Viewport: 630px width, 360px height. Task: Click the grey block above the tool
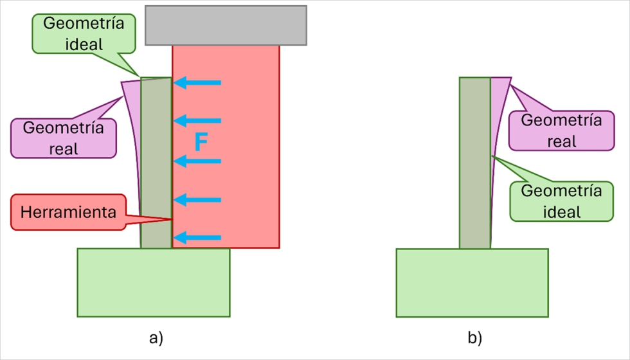[226, 25]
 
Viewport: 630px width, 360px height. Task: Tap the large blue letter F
[201, 142]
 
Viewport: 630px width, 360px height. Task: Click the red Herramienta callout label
[67, 212]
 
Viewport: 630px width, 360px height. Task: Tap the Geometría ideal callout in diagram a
[84, 33]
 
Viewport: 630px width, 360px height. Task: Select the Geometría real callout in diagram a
[63, 138]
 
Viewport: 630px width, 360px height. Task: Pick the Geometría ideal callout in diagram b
[561, 201]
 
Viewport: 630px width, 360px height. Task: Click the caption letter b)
[474, 337]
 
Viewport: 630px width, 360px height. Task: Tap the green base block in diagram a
[154, 282]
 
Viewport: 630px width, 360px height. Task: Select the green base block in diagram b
[472, 282]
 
